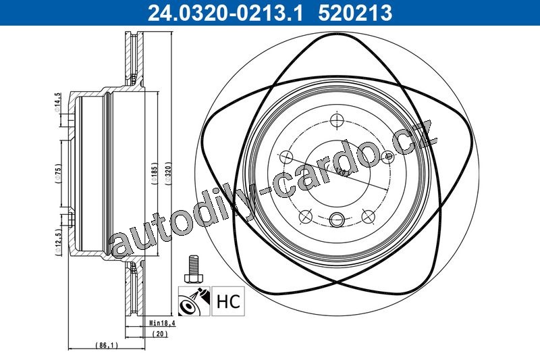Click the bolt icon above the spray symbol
[x=194, y=268]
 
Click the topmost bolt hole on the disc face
[x=337, y=120]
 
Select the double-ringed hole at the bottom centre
[x=337, y=220]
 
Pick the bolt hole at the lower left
[x=305, y=217]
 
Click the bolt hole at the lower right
[x=369, y=217]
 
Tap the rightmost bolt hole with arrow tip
[x=387, y=157]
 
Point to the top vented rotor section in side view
[x=134, y=57]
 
